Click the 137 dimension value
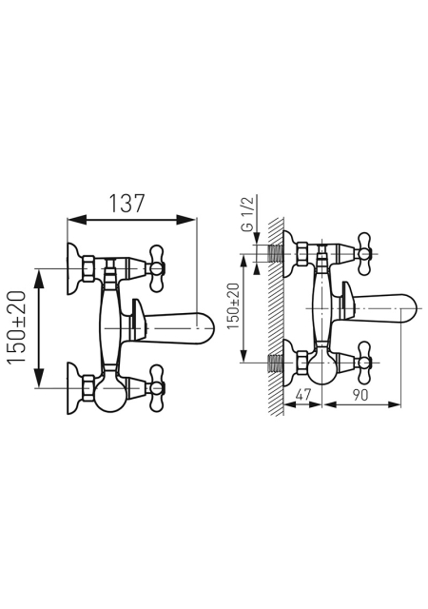[x=126, y=204]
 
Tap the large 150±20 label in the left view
[x=17, y=327]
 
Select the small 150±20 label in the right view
[x=234, y=306]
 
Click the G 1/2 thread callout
[x=248, y=214]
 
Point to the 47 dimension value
[x=303, y=395]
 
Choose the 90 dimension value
[x=360, y=395]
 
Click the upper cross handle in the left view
[x=157, y=268]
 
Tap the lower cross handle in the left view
[x=157, y=387]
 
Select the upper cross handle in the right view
[x=364, y=254]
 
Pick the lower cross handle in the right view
[x=364, y=363]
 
